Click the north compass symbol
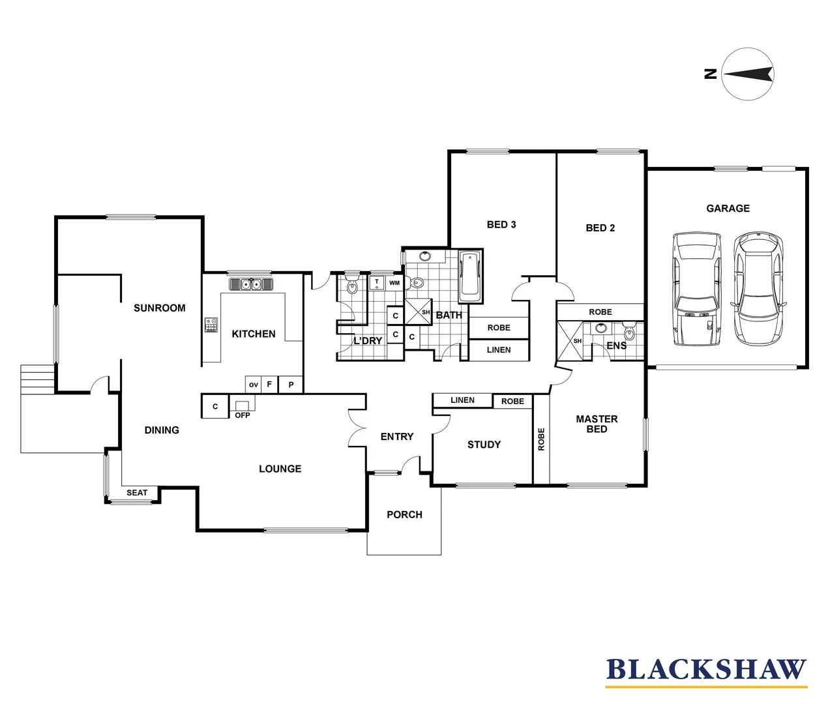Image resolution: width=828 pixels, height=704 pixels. point(747,74)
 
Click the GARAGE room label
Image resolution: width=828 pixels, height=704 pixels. point(728,209)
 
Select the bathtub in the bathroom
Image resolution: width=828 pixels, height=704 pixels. point(471,276)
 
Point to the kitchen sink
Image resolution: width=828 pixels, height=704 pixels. point(251,284)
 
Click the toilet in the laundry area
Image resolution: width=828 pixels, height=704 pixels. point(352,285)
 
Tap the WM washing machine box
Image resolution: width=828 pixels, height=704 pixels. point(394,283)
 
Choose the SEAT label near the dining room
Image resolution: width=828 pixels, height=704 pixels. point(137,493)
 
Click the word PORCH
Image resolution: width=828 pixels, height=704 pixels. point(404,515)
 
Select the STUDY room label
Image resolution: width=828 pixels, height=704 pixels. point(484,445)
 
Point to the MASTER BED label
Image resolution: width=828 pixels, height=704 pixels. point(597,424)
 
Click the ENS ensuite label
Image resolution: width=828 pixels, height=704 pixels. point(616,345)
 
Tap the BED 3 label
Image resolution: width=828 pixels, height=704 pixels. point(501,225)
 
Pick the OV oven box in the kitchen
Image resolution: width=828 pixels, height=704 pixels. point(254,385)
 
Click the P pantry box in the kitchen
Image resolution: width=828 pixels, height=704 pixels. point(291,385)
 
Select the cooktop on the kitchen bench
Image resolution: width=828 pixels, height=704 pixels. point(211,325)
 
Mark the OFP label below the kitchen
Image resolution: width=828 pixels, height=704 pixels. point(243,415)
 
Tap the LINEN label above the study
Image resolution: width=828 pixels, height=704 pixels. point(462,400)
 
